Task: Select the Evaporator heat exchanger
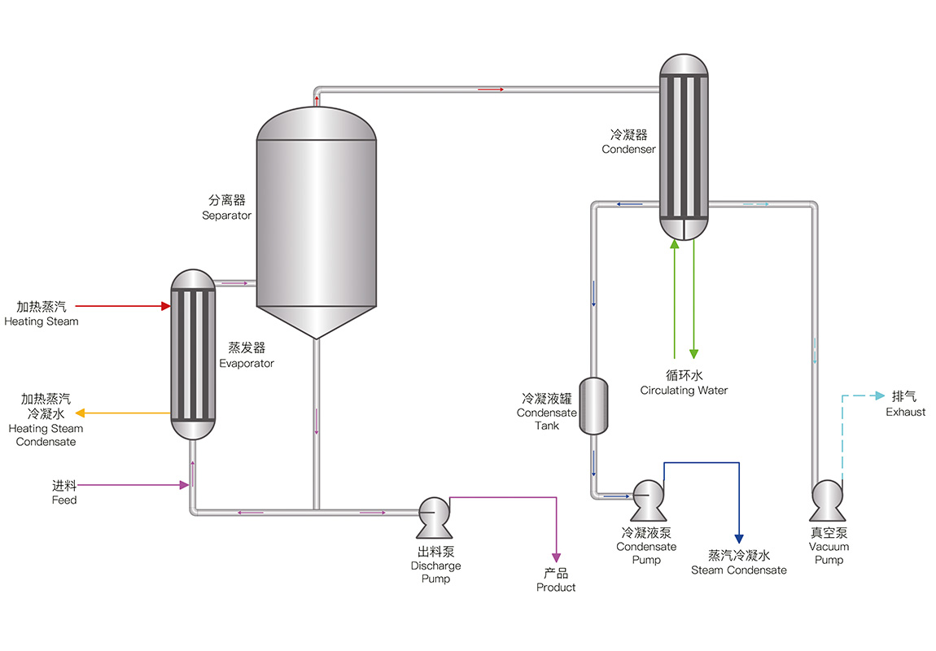193,354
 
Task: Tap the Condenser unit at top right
684,146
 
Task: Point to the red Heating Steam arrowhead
165,307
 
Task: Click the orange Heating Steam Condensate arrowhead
81,413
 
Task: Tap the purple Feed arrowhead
184,486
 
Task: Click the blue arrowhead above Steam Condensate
739,539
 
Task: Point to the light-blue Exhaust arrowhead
880,396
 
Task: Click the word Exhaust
905,412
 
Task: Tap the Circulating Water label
684,391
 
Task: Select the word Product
556,588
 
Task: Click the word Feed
64,500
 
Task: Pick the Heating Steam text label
42,321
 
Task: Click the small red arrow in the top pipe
492,89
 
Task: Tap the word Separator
226,216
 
